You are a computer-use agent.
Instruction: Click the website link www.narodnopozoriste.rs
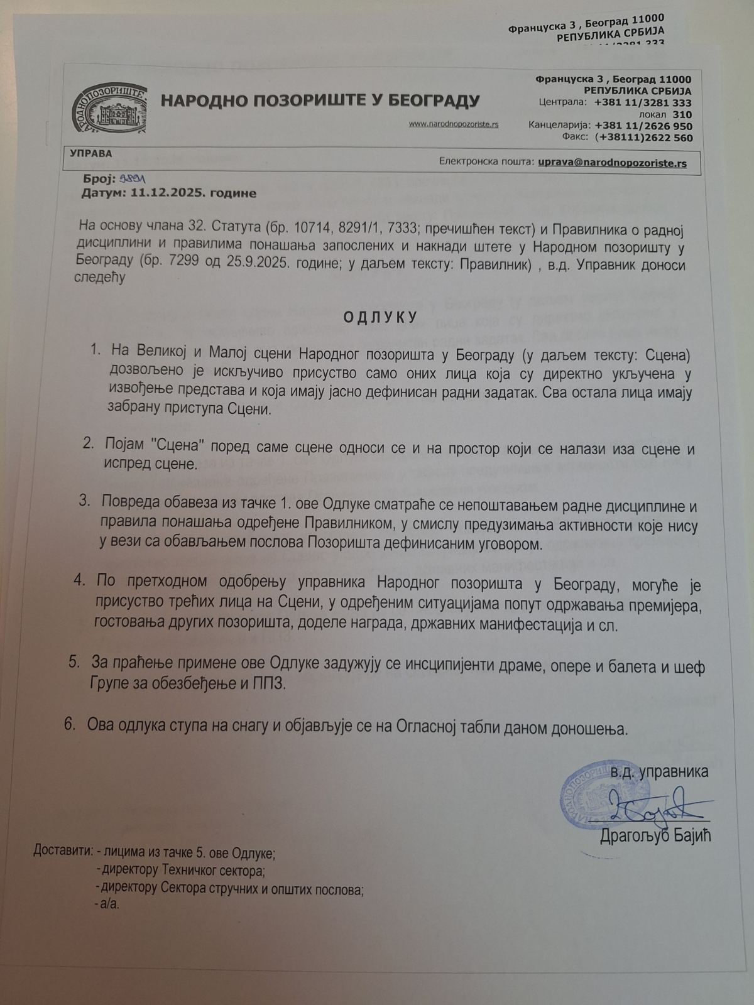coord(454,124)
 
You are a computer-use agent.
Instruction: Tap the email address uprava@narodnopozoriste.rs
coord(612,163)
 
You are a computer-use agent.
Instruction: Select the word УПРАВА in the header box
coord(91,153)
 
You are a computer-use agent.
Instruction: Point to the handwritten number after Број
coord(133,180)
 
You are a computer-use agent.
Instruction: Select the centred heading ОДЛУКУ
coord(380,317)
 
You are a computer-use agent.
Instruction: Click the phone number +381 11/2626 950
coord(643,126)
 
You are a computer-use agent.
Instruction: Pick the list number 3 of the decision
coord(85,500)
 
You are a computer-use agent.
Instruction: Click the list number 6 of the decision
coord(70,724)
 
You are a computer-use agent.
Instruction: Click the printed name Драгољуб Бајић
coord(655,836)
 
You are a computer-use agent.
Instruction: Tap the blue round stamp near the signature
coord(587,795)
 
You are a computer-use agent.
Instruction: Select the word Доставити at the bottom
coord(63,852)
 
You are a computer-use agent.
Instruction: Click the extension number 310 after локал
coord(682,115)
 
